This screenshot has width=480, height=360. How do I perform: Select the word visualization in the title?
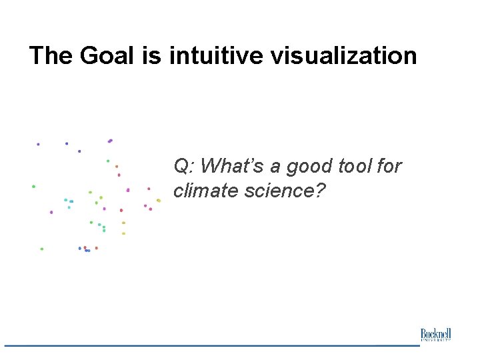343,55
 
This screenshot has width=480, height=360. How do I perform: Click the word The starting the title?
51,55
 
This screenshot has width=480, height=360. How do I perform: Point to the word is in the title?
151,55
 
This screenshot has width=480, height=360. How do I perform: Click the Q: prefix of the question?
184,165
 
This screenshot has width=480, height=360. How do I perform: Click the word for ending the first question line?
389,165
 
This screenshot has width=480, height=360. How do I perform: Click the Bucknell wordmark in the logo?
435,333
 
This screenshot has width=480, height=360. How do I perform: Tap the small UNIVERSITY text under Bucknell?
435,340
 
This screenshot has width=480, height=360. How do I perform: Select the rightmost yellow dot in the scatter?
159,200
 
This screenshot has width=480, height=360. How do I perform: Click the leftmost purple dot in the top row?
38,143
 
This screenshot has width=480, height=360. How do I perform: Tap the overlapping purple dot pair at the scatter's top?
110,141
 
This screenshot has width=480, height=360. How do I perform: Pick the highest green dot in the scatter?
108,161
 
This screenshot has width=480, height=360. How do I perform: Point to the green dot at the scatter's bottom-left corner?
41,249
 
